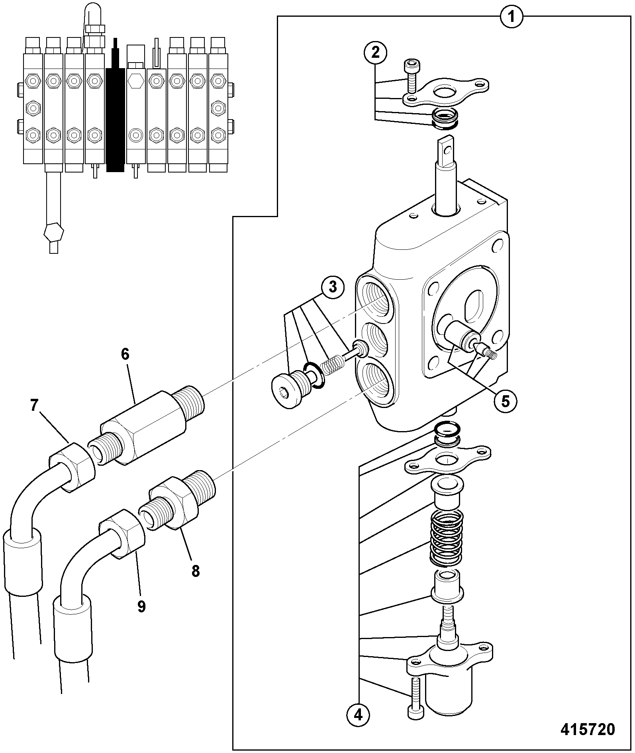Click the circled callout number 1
pyautogui.click(x=512, y=17)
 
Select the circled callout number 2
pyautogui.click(x=375, y=53)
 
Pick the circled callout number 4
pyautogui.click(x=359, y=716)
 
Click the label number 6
pyautogui.click(x=125, y=354)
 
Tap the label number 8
pyautogui.click(x=195, y=571)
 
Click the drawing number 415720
pyautogui.click(x=588, y=729)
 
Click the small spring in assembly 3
pyautogui.click(x=332, y=365)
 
